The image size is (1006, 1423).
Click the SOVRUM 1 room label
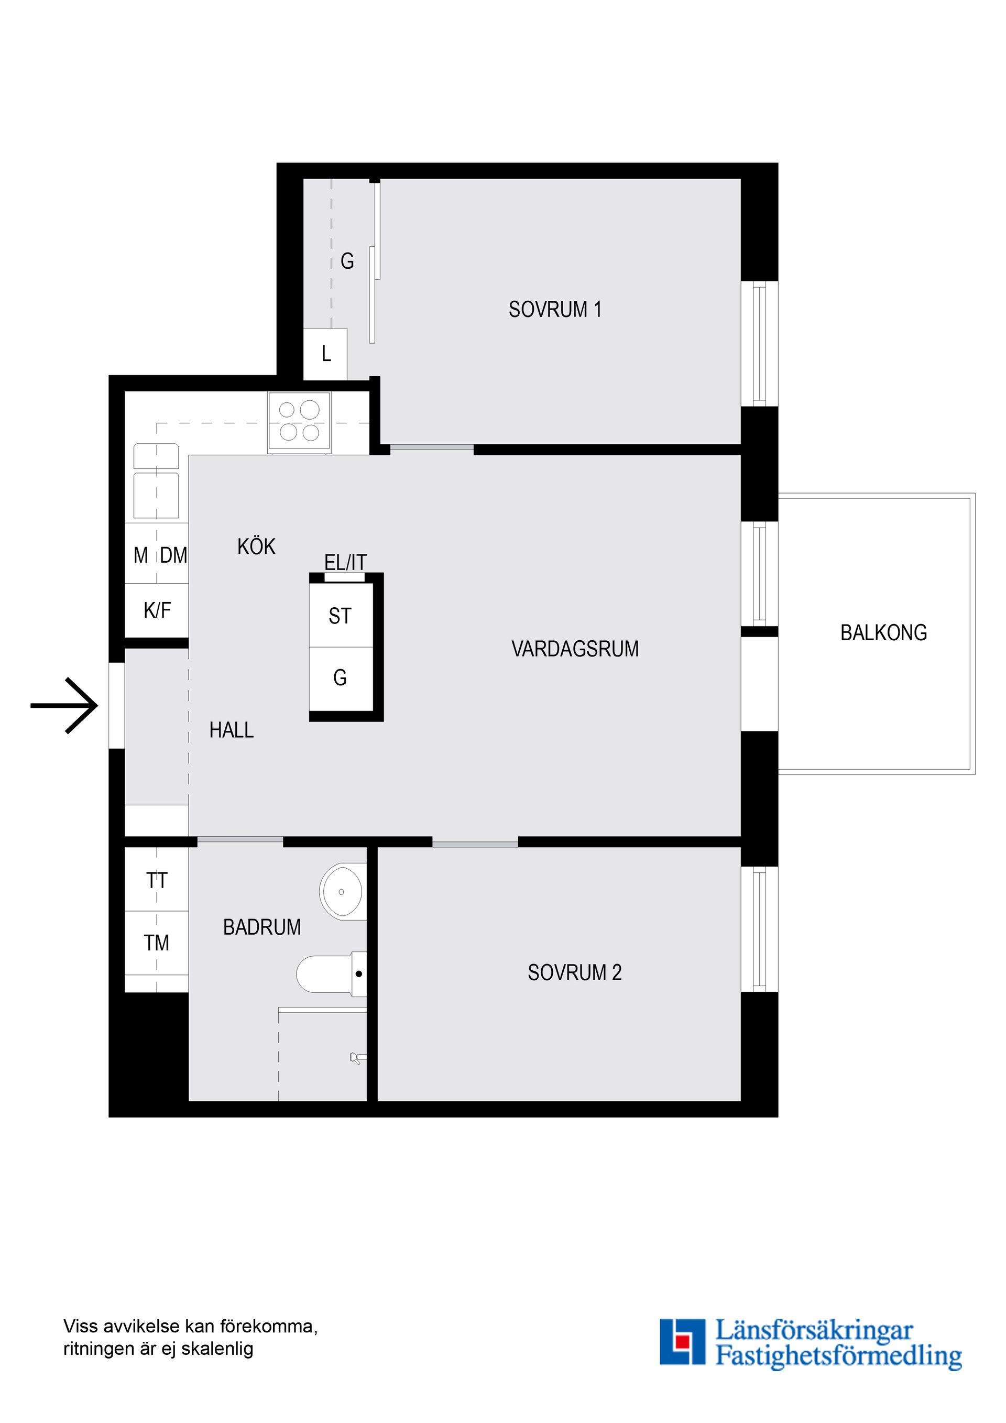point(555,309)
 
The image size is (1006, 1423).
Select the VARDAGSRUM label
point(575,649)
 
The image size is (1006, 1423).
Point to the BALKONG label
point(883,633)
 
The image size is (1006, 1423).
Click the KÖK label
point(256,546)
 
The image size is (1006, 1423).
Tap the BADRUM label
point(261,927)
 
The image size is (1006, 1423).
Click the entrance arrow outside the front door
point(64,705)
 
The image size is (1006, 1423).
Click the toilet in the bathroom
point(332,975)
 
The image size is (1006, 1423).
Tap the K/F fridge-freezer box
point(157,610)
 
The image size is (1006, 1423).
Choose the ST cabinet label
point(340,616)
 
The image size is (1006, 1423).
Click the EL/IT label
point(345,562)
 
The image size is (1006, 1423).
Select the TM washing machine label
point(156,943)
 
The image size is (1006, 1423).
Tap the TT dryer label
point(157,881)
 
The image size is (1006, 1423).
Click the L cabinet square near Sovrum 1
point(325,354)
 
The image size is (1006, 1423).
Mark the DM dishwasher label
point(173,555)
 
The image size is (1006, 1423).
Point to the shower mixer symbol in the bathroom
point(357,1058)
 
